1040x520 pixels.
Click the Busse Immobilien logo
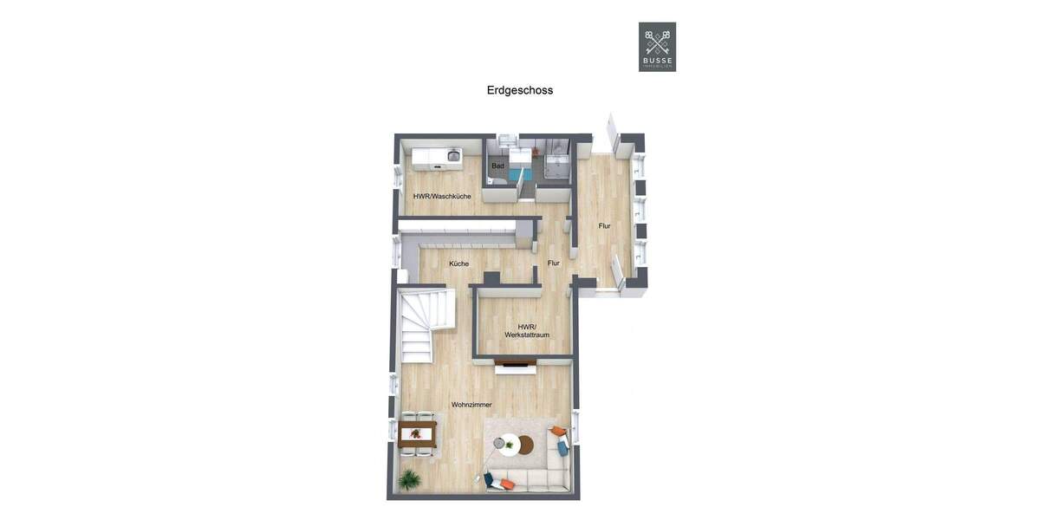[657, 47]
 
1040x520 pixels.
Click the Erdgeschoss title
[520, 90]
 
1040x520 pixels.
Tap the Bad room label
[497, 166]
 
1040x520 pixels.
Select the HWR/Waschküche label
[442, 197]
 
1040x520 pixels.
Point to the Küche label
[458, 263]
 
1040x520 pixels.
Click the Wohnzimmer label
[471, 405]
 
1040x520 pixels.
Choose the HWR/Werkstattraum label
[527, 331]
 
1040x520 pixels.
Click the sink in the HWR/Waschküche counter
[452, 156]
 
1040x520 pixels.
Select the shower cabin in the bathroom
[555, 164]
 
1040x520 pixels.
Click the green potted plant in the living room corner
[407, 478]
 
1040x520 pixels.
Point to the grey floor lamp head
[498, 443]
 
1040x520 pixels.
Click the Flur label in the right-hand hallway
[604, 226]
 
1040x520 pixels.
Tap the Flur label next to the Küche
[553, 263]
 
